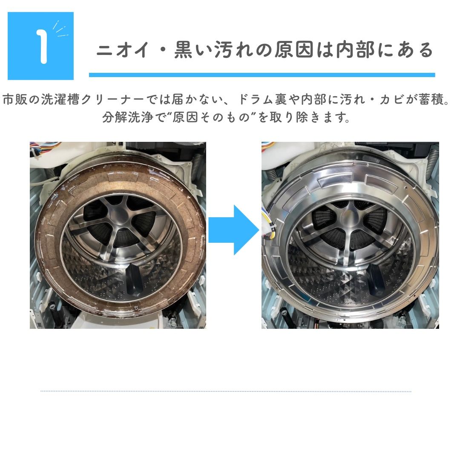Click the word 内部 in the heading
tap(356, 49)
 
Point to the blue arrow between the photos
tap(234, 230)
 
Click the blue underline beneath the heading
tap(262, 75)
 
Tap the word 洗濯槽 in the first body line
tap(60, 99)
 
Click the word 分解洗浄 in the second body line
tap(128, 118)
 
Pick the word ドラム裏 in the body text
tap(263, 99)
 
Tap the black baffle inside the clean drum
tap(377, 280)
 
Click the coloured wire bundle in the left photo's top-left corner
tap(44, 146)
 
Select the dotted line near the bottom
tap(226, 391)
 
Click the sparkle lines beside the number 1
tap(60, 29)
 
